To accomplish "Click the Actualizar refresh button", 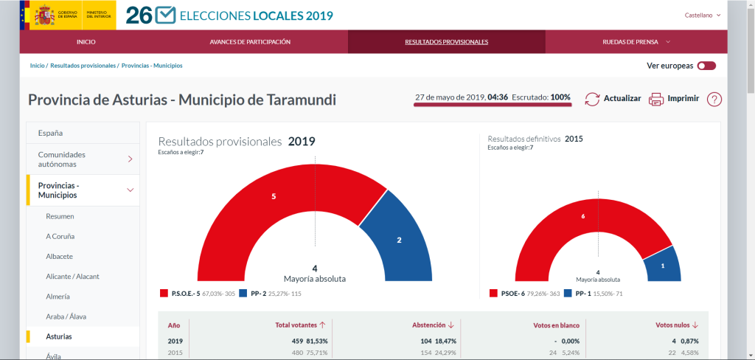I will [613, 99].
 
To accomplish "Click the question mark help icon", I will [714, 99].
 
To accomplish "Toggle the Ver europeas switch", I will [706, 66].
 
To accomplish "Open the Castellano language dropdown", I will [702, 15].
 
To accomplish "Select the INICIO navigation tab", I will [86, 42].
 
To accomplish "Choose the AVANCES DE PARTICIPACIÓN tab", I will [250, 42].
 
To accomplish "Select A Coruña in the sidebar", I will [60, 236].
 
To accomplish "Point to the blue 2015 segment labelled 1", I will [661, 265].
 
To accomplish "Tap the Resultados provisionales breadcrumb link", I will [83, 66].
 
